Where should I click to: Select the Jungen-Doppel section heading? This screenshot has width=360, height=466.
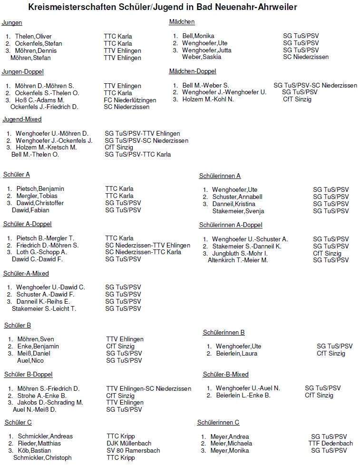coord(22,72)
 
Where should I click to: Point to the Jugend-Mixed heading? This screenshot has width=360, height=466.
coord(22,119)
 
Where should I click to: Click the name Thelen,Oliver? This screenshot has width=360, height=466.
coord(33,37)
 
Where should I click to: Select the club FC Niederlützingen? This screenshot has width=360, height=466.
coord(130,100)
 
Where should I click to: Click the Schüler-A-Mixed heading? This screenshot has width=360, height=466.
coord(26,274)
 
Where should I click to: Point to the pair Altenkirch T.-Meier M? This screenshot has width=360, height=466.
coord(238,260)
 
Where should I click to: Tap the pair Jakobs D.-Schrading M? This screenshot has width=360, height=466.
coord(50,403)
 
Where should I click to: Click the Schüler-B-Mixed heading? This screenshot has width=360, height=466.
coord(225,375)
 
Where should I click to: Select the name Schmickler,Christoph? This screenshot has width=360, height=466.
coord(42,458)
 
